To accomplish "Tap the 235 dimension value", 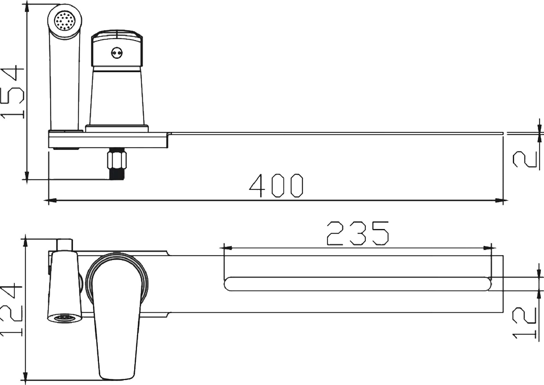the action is pyautogui.click(x=358, y=234).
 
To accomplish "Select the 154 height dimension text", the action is pyautogui.click(x=12, y=93).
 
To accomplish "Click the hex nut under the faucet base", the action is pyautogui.click(x=117, y=158).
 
